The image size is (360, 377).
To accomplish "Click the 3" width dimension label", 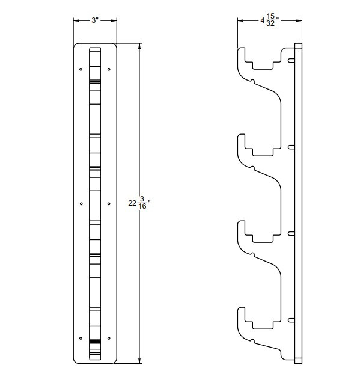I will (94, 20).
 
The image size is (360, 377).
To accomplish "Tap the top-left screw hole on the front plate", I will (81, 69).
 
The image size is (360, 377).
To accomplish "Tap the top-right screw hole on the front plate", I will (108, 69).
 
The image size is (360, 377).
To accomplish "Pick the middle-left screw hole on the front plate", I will (81, 203).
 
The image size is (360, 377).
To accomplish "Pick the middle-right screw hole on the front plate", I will (108, 203).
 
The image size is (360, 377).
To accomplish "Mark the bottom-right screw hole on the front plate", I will (108, 337).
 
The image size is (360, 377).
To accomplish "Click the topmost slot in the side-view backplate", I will (291, 60).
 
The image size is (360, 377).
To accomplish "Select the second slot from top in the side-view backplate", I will (291, 146).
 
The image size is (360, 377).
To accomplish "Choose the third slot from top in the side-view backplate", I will (291, 233).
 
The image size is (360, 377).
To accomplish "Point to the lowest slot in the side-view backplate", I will (291, 319).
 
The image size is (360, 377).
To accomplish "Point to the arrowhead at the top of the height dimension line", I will (141, 46).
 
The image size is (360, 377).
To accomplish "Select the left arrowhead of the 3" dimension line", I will (76, 20).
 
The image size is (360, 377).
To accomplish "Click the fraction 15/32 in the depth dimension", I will (271, 20).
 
